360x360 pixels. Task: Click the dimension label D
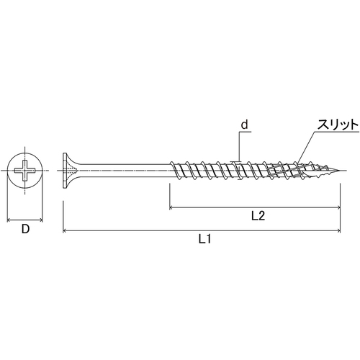pyautogui.click(x=25, y=229)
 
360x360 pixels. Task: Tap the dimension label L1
pyautogui.click(x=204, y=239)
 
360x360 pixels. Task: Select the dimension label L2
pyautogui.click(x=258, y=216)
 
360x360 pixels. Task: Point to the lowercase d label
pyautogui.click(x=244, y=125)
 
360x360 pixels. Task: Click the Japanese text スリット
pyautogui.click(x=338, y=125)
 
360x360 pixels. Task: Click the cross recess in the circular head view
pyautogui.click(x=25, y=171)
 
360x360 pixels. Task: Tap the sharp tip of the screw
pyautogui.click(x=339, y=171)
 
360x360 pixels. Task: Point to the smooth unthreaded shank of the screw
pyautogui.click(x=124, y=171)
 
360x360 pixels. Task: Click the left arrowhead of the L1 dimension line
pyautogui.click(x=64, y=231)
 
